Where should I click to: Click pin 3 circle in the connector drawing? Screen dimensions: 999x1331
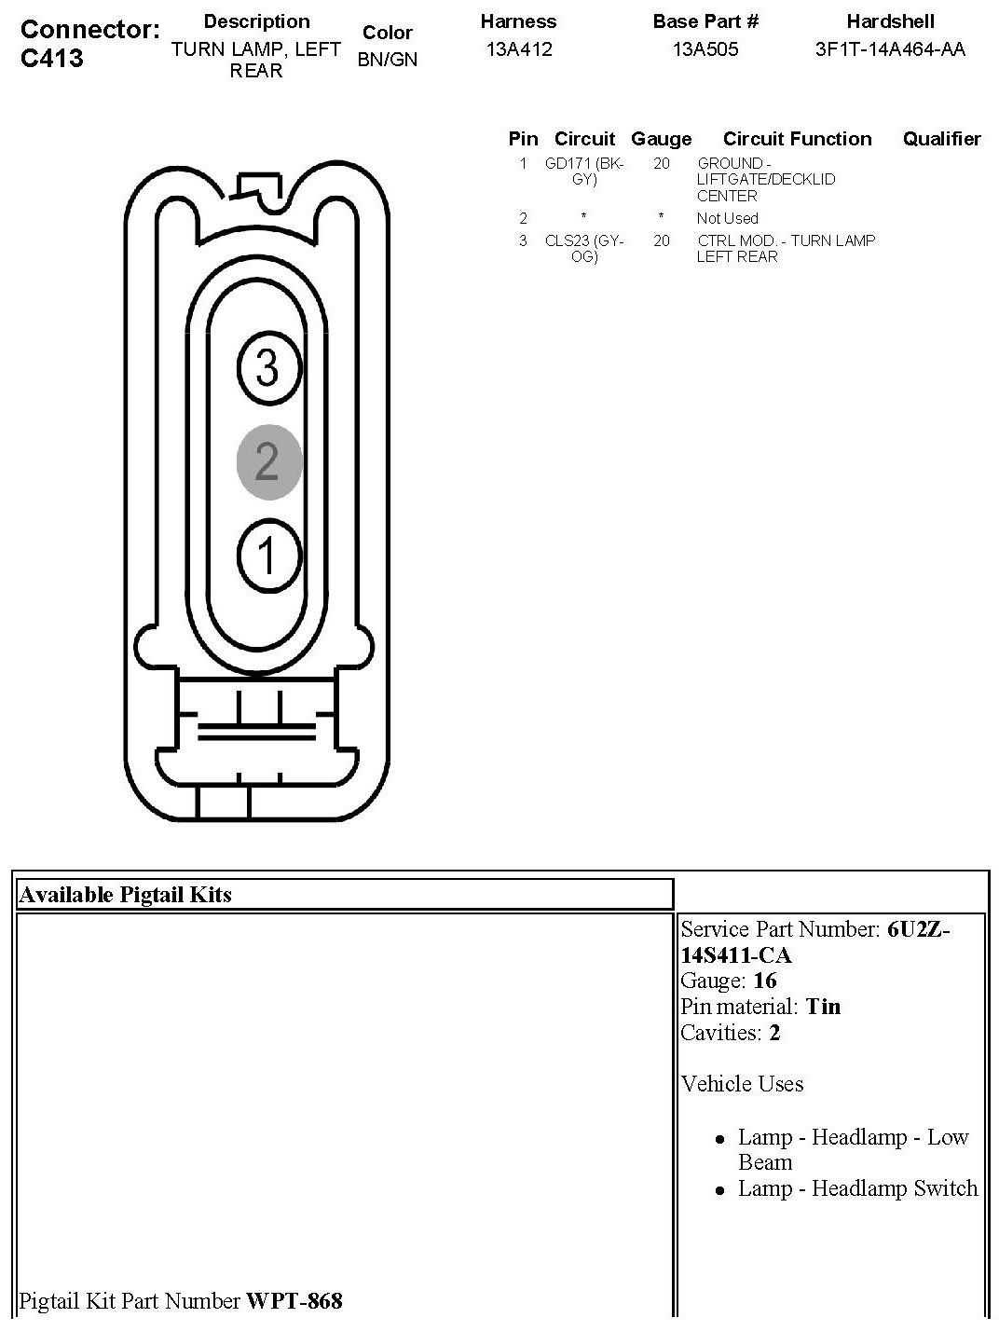click(x=267, y=367)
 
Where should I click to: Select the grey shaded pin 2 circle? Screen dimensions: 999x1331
click(x=268, y=461)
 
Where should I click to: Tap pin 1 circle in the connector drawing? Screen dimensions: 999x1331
click(x=268, y=556)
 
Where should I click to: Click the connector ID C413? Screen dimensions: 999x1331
click(x=51, y=58)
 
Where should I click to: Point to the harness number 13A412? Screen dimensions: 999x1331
click(x=518, y=49)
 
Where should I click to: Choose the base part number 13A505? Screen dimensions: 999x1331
click(x=705, y=49)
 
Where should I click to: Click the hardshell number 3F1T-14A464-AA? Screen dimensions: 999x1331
click(x=890, y=49)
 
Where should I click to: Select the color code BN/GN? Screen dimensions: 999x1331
click(x=387, y=60)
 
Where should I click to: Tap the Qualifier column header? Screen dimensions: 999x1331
click(x=941, y=139)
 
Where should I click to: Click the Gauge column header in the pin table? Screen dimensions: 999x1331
click(x=661, y=139)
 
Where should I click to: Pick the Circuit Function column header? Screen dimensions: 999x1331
click(x=797, y=139)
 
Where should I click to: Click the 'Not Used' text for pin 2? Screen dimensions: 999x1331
click(x=727, y=218)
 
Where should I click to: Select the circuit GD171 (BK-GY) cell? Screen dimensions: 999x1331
click(x=584, y=172)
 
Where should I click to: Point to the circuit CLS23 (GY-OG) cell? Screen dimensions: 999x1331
click(x=584, y=248)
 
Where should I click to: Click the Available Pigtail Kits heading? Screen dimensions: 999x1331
click(x=125, y=895)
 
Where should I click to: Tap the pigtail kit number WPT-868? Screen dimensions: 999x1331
click(x=294, y=1300)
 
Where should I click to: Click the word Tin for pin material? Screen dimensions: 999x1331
click(x=823, y=1007)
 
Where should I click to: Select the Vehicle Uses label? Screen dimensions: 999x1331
click(x=742, y=1084)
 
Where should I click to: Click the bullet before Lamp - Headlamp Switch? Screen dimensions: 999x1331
click(x=719, y=1190)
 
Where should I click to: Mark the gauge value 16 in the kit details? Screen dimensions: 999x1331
click(x=765, y=981)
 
